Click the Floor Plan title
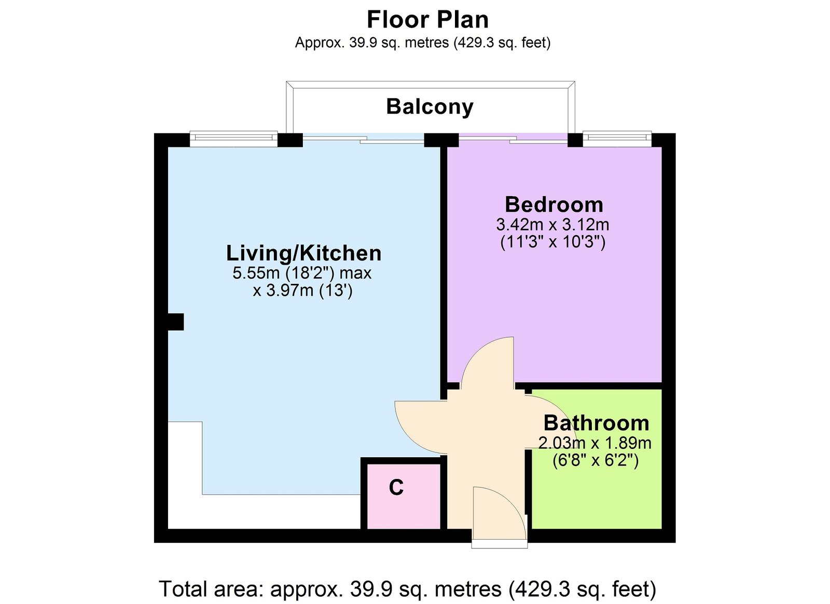point(427,20)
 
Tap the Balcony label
point(430,107)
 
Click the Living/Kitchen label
point(303,253)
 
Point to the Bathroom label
point(596,423)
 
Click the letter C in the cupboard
point(396,487)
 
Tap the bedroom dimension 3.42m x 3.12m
point(552,225)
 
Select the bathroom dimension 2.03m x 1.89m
point(594,443)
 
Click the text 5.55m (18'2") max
point(301,273)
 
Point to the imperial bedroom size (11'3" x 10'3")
point(552,242)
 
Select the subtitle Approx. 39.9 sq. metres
point(422,43)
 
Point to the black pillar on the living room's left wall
point(176,322)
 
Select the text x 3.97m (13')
point(302,291)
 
